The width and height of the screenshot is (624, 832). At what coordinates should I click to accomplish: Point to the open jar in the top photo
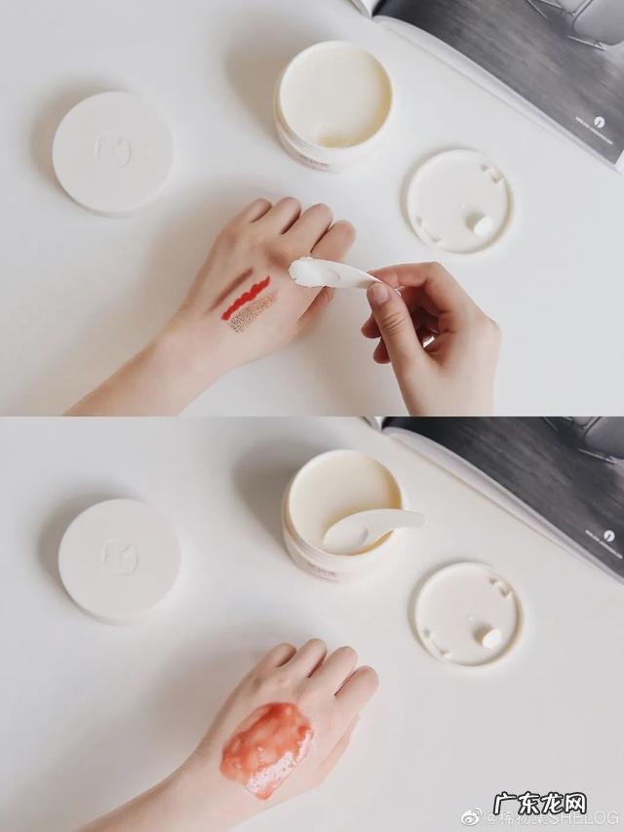(x=333, y=103)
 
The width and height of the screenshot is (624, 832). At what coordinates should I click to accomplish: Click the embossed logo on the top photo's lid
(x=111, y=150)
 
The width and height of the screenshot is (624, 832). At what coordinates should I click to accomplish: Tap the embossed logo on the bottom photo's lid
(x=120, y=557)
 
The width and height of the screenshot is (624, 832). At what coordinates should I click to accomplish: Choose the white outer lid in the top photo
(x=112, y=152)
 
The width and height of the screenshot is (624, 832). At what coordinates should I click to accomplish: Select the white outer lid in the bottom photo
(x=119, y=559)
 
